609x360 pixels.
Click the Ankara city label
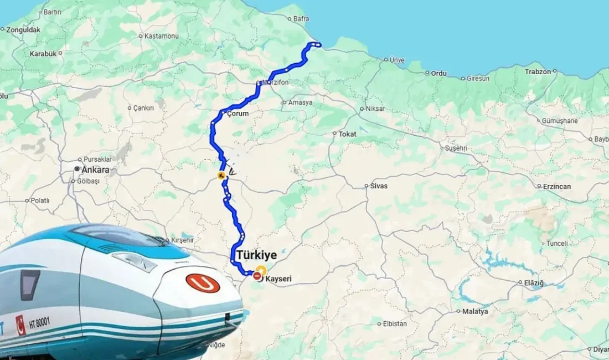pos(95,170)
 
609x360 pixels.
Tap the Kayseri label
pos(278,279)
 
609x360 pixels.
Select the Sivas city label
pos(379,186)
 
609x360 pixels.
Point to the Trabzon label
pos(538,71)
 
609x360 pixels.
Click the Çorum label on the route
pos(239,114)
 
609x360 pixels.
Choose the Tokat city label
pos(347,134)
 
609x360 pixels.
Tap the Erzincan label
pos(557,186)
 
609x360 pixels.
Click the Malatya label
pos(476,311)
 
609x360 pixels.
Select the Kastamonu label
pos(161,36)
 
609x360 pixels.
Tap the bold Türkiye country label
pos(257,255)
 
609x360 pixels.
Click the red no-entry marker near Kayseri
pos(257,275)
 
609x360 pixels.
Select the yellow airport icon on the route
pos(221,176)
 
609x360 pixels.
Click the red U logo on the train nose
pos(203,284)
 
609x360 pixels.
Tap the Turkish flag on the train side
pos(20,325)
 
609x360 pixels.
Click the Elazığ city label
pos(534,283)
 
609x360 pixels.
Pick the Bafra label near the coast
pos(301,19)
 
